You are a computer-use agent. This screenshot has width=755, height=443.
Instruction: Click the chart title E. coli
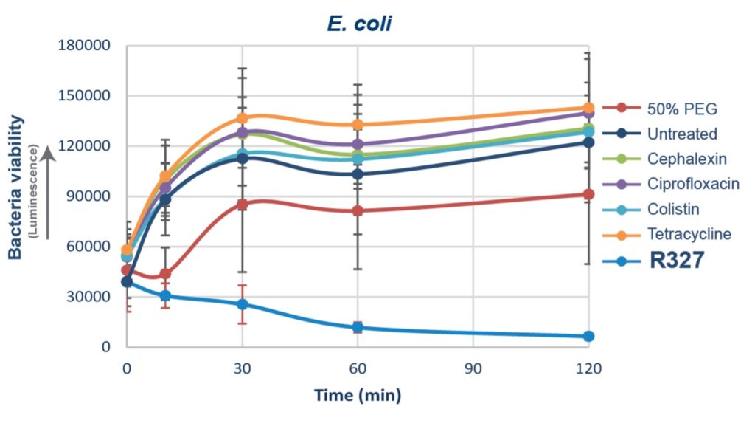[x=359, y=24]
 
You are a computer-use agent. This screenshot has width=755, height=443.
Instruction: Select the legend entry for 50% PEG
[x=671, y=109]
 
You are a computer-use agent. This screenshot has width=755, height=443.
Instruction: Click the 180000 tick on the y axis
[x=83, y=46]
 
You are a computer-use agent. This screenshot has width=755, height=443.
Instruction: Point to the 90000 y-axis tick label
[x=87, y=196]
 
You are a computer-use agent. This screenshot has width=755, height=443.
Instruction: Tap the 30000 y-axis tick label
[x=87, y=297]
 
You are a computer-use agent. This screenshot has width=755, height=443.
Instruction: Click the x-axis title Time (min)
[x=358, y=396]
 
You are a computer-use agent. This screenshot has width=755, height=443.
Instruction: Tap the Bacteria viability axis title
[x=15, y=187]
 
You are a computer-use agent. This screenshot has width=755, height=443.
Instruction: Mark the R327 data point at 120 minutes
[x=588, y=337]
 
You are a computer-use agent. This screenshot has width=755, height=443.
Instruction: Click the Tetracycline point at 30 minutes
[x=242, y=118]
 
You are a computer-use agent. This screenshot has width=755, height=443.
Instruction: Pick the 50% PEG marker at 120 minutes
[x=588, y=195]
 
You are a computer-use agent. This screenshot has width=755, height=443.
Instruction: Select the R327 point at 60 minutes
[x=358, y=327]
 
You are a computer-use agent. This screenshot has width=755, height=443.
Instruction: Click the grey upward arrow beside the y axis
[x=47, y=192]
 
